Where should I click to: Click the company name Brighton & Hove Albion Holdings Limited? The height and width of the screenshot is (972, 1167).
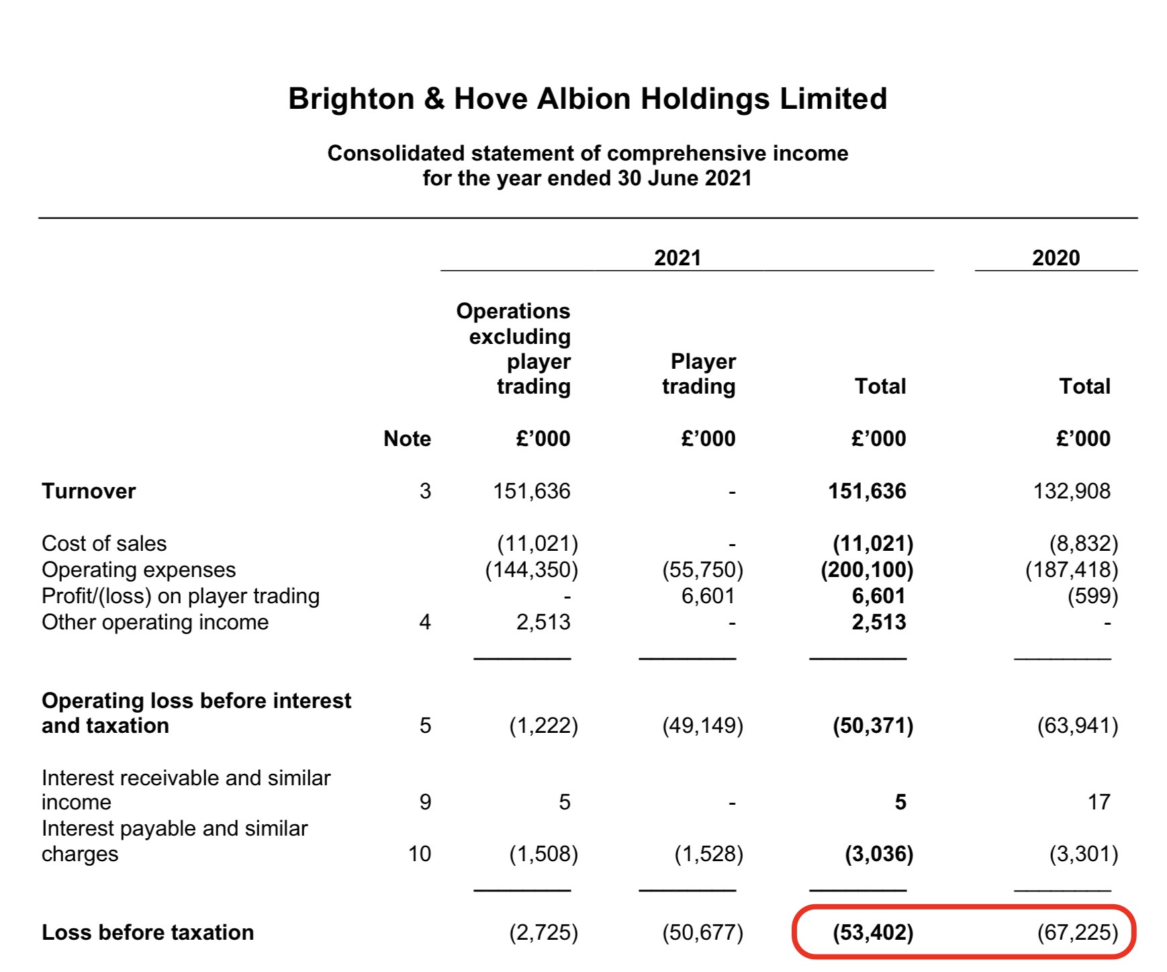click(x=588, y=99)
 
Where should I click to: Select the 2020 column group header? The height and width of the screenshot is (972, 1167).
click(x=1056, y=258)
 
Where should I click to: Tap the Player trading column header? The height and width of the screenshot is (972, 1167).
click(x=699, y=374)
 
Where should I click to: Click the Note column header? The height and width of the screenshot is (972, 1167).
click(x=407, y=439)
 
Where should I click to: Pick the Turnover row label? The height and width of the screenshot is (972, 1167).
click(x=89, y=491)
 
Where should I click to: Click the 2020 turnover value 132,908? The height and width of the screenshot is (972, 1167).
click(x=1072, y=491)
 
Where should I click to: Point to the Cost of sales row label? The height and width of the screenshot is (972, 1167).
click(x=104, y=543)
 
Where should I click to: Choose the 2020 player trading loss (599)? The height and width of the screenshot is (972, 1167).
click(x=1093, y=596)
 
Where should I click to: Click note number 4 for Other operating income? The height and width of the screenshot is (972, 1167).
click(x=425, y=622)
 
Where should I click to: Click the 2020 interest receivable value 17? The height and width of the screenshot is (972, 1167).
click(x=1099, y=802)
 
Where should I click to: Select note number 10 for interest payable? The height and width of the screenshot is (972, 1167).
click(x=420, y=854)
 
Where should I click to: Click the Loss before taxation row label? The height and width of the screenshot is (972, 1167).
click(x=148, y=932)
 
